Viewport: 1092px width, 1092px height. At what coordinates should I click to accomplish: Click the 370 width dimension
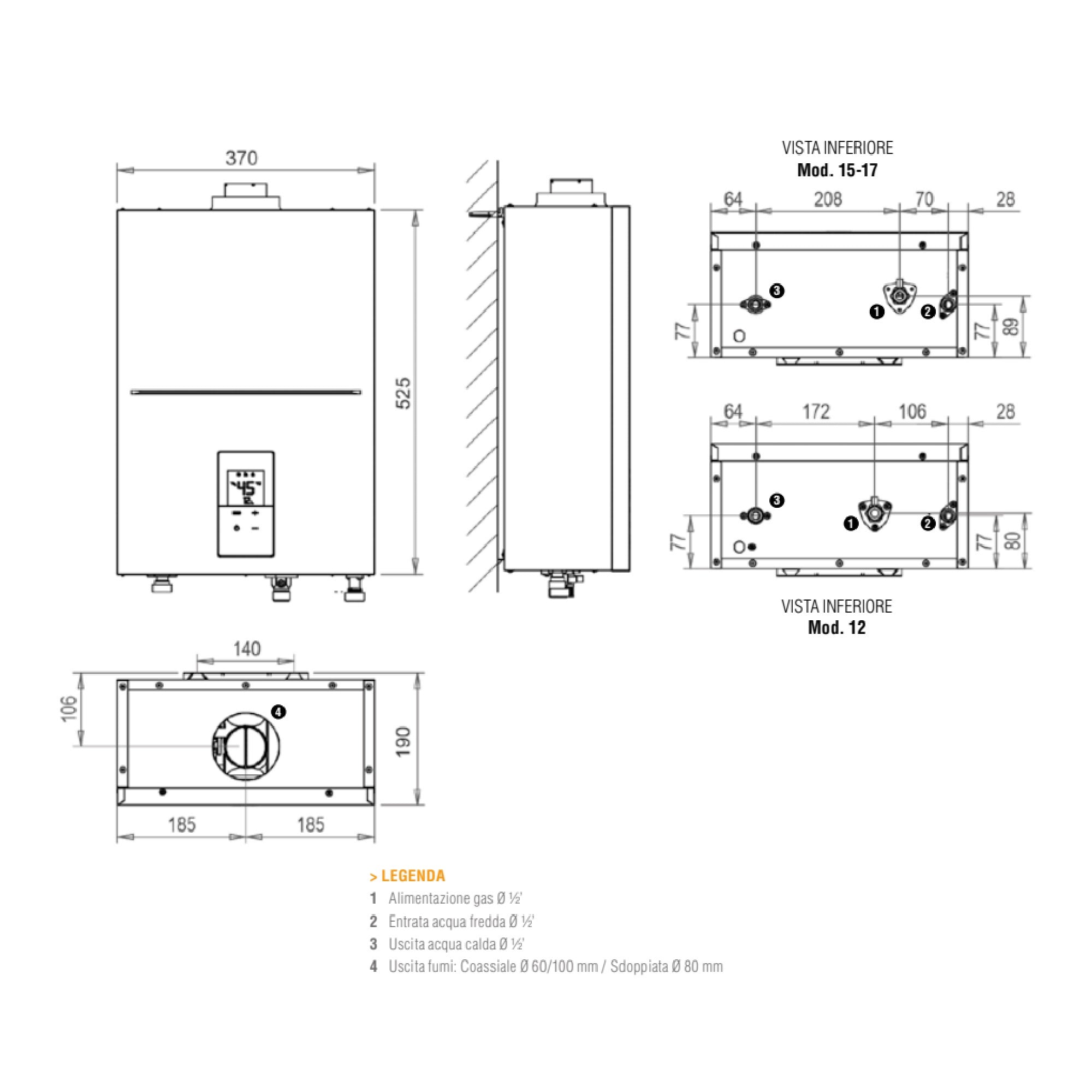(x=241, y=158)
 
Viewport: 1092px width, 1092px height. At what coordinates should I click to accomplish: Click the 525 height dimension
(x=403, y=393)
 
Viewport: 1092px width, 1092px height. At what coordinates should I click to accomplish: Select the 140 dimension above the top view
(x=246, y=648)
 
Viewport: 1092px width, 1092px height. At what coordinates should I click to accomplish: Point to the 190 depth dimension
(x=403, y=741)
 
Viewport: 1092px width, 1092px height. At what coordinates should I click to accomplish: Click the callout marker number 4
(x=278, y=712)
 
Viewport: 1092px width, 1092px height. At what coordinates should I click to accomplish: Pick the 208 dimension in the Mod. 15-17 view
(x=828, y=199)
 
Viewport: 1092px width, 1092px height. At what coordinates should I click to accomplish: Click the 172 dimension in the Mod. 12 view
(x=816, y=412)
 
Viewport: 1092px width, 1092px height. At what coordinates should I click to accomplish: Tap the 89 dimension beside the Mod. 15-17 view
(x=1012, y=327)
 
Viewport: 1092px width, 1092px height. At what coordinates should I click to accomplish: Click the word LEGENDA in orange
(x=413, y=876)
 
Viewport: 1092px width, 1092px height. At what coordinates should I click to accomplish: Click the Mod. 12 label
(x=836, y=627)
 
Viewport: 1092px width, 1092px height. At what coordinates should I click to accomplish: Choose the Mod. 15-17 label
(x=837, y=170)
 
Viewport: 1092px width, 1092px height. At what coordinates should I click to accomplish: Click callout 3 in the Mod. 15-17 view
(x=777, y=290)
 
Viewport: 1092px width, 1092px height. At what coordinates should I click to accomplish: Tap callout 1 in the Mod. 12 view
(x=851, y=524)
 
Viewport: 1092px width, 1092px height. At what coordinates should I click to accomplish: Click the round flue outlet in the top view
(x=245, y=746)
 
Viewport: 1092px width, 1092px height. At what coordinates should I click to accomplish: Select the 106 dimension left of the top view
(x=68, y=709)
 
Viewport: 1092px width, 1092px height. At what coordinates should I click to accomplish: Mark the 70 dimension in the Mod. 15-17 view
(x=924, y=199)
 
